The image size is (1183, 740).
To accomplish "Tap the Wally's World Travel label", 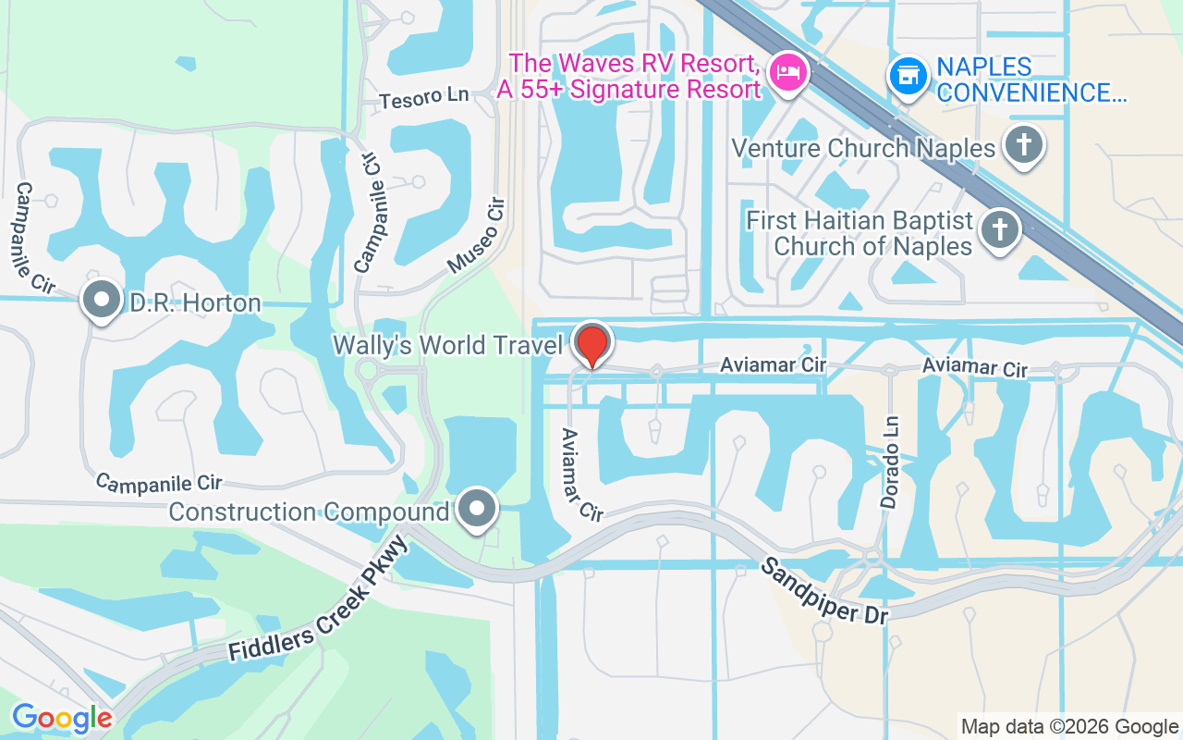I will coord(448,345).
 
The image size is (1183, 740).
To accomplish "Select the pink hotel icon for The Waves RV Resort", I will coord(788,70).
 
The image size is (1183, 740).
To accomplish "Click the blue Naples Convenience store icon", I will coord(908,76).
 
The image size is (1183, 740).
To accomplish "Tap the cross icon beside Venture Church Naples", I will coord(1023,145).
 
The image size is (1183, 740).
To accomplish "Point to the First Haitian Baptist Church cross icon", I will coord(999,228).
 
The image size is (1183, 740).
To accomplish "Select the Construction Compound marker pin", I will coord(477,508).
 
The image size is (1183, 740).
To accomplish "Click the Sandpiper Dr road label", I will coord(823,591).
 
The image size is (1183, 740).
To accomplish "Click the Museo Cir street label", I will coord(477,235).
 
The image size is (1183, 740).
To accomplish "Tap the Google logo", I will coord(62,718).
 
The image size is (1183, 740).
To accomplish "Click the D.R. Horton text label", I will coord(195,302).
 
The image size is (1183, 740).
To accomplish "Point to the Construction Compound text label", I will coord(310,512).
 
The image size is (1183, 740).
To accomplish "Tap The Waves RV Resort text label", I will coord(629,76).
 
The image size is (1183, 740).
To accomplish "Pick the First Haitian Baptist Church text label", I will coord(860,233).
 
